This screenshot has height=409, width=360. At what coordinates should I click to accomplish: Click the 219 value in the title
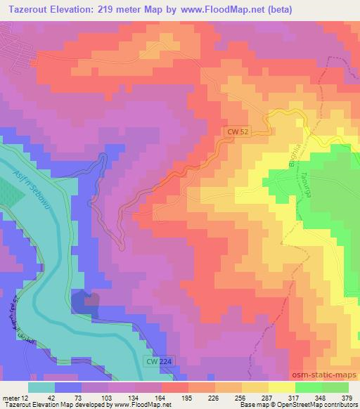118,9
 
